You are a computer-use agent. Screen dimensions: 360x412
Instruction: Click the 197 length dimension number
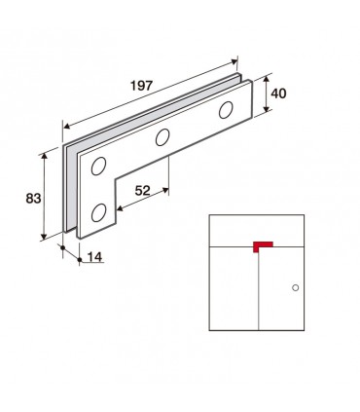141,86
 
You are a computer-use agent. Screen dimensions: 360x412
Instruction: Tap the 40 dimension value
278,94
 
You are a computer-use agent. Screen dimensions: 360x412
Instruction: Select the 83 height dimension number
33,198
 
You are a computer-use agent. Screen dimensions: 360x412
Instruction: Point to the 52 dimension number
143,191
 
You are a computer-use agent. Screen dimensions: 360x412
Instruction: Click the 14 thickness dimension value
95,257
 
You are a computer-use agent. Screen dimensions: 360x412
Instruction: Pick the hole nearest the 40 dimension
226,110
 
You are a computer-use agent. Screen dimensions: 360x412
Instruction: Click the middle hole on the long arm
162,137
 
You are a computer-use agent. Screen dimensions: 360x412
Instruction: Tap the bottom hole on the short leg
98,212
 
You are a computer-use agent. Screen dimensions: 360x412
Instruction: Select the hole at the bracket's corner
98,167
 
